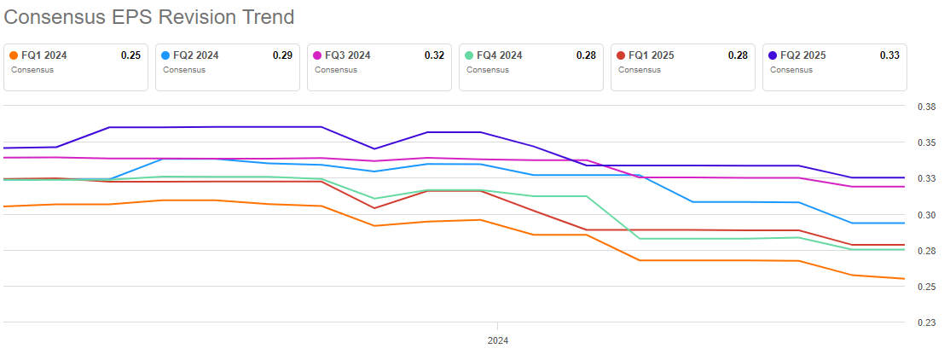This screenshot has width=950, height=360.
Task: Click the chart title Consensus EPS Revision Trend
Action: tap(149, 16)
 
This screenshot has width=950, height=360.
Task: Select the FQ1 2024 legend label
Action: tap(44, 55)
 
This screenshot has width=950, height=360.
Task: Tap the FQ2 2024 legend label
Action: tap(196, 55)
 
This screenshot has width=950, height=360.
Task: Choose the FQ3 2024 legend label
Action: tap(348, 55)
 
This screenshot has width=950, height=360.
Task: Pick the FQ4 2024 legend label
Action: tap(500, 55)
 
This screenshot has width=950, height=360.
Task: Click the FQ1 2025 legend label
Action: tap(652, 55)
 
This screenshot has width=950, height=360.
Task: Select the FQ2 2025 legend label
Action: tap(803, 55)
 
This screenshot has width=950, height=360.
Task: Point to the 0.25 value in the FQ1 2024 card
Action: tap(130, 55)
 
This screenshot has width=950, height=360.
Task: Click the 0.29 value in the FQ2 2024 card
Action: tap(282, 55)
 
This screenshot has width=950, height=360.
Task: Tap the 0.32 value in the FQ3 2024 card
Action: tap(434, 55)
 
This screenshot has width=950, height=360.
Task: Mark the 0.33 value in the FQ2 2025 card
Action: tap(889, 55)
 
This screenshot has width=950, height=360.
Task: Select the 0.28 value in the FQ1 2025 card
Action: tap(738, 55)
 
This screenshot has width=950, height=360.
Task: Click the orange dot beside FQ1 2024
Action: tap(14, 55)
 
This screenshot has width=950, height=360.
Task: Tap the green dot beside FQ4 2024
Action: tap(469, 55)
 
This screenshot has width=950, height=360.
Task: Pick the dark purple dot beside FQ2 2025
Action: tap(773, 55)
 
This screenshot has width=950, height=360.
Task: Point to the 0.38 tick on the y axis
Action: tap(926, 107)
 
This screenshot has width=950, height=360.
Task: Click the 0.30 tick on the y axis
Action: tap(926, 215)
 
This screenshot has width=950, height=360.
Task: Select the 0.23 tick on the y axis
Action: tap(926, 322)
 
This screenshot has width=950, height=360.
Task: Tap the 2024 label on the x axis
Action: tap(498, 340)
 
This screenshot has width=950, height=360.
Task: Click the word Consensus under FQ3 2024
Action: tap(332, 70)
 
